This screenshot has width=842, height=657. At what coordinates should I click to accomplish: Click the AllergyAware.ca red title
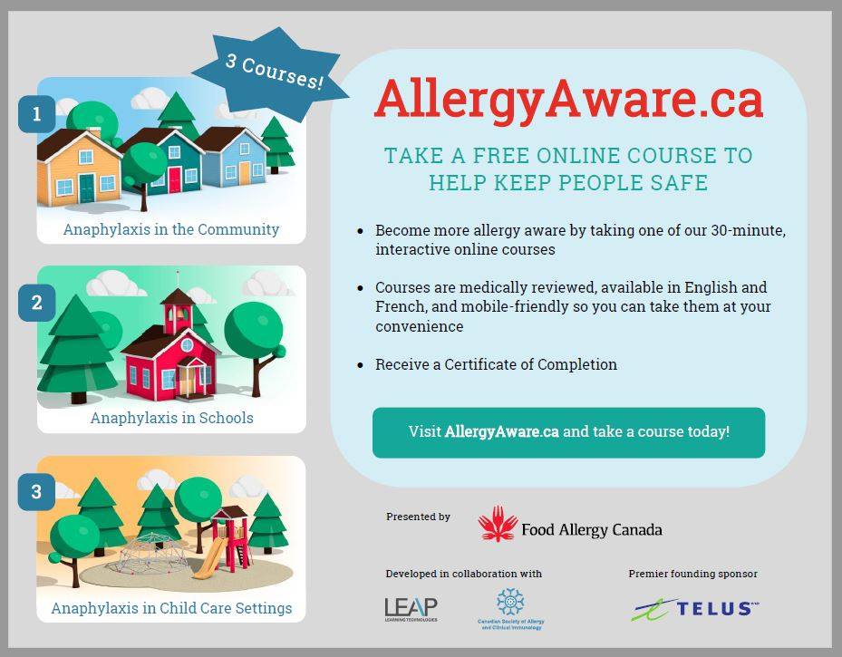[568, 99]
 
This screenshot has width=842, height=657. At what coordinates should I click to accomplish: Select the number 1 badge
[37, 114]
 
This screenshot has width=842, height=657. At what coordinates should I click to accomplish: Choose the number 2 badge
[37, 303]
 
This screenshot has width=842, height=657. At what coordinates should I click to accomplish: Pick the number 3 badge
[37, 492]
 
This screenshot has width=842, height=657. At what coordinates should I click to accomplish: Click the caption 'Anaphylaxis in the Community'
[171, 229]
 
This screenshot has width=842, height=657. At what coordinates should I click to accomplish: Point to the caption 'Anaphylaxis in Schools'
[171, 418]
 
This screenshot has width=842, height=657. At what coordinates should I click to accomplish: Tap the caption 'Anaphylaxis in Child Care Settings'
[171, 608]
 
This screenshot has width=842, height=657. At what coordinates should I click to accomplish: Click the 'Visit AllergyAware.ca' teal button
[568, 432]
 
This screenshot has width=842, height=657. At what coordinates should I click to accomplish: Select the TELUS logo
[695, 608]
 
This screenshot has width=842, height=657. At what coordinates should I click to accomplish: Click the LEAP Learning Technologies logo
[411, 608]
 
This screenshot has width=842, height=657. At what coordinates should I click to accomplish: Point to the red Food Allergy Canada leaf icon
[497, 524]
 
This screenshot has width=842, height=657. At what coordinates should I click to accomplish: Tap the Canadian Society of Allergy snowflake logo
[510, 603]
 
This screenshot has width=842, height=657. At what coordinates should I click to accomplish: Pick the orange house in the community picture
[79, 168]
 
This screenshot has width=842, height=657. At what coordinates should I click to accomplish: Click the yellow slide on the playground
[208, 558]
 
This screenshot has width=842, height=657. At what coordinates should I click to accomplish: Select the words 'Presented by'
[418, 517]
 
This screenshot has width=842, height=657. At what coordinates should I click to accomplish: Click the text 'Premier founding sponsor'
[692, 574]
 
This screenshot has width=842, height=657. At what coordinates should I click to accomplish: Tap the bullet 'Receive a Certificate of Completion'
[496, 364]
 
